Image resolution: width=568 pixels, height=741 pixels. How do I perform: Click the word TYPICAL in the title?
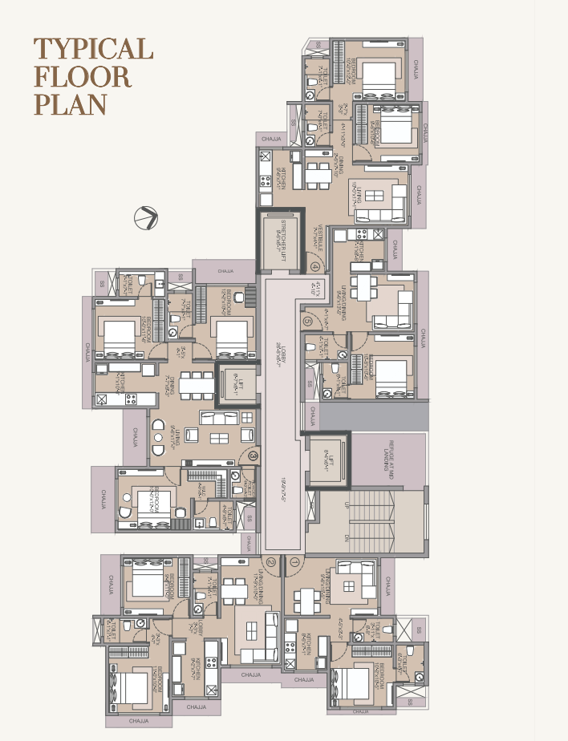[x=93, y=49]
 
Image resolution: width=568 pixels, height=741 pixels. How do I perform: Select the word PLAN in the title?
[x=70, y=105]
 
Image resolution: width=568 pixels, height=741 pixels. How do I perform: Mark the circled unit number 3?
[x=253, y=456]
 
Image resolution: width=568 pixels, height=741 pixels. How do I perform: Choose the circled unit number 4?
[x=314, y=267]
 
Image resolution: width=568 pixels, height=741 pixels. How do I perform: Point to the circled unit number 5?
[x=308, y=322]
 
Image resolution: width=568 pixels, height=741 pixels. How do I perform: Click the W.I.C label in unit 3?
[x=204, y=490]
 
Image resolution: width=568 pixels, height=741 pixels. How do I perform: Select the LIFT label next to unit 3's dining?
[x=234, y=382]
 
